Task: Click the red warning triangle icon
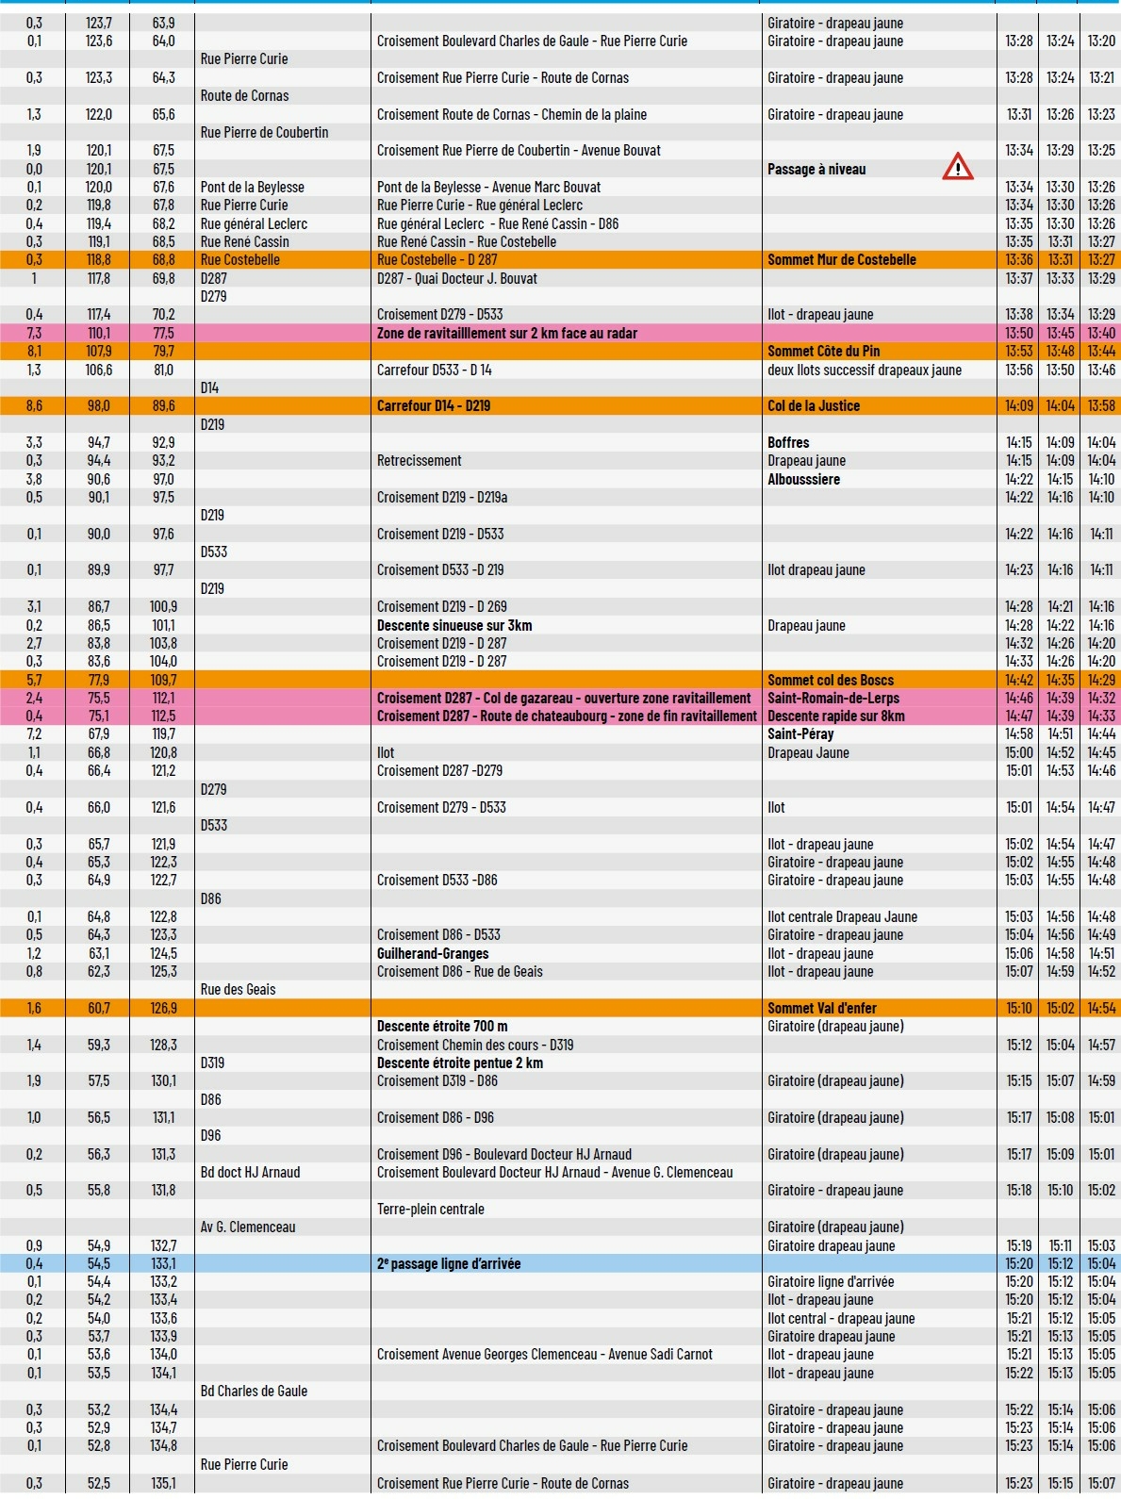point(957,167)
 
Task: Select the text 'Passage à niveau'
point(816,170)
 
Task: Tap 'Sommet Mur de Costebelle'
point(841,260)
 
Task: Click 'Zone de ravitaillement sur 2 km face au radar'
point(507,334)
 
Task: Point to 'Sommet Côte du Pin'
point(823,352)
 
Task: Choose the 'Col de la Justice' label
point(814,406)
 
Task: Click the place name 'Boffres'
point(788,443)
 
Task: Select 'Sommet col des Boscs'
point(831,681)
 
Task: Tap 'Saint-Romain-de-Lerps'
point(833,699)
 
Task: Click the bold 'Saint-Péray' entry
point(800,734)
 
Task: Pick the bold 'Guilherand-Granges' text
point(433,954)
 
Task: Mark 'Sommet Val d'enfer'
point(822,1009)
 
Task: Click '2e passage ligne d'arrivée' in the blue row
point(449,1264)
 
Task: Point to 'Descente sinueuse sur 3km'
point(454,626)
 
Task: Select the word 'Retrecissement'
point(420,461)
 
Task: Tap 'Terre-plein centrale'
point(431,1210)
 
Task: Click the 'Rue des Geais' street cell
point(239,990)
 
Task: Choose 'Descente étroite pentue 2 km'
point(460,1063)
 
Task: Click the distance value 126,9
point(164,1009)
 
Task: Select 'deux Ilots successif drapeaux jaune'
point(865,371)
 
